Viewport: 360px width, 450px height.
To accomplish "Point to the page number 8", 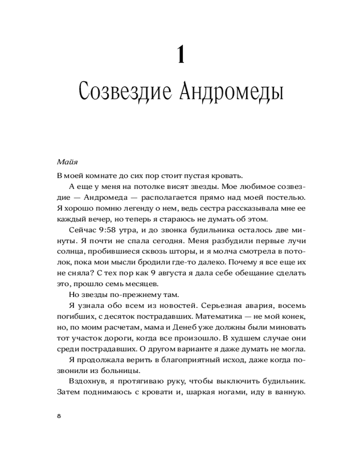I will pos(59,416).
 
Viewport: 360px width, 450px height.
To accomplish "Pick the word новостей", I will pos(166,305).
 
